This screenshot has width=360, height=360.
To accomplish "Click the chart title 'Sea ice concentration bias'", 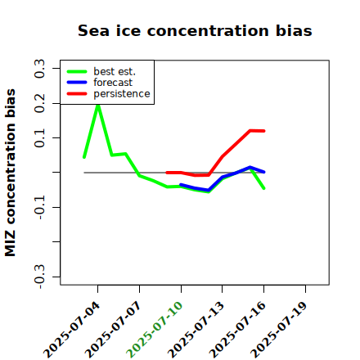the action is coord(195,30).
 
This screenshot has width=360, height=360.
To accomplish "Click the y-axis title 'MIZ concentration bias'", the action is coord(11,173).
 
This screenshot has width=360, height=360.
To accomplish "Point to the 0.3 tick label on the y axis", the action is coord(39,69).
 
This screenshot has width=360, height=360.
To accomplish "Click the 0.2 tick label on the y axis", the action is coord(39,103).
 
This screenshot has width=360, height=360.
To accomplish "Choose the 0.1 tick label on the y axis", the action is coord(39,138).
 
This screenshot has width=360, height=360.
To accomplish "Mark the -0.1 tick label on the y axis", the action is coord(39,208).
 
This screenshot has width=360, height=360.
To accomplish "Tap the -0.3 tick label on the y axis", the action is coord(39,277).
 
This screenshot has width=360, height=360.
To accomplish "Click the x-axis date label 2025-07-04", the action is coord(72,330).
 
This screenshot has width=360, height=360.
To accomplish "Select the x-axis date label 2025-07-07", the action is coord(113,330).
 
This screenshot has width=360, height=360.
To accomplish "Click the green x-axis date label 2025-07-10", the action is coord(155,330).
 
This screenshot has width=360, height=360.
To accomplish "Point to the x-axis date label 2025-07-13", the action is coord(196,330).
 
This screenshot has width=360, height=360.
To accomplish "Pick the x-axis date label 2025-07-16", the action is coord(237,330).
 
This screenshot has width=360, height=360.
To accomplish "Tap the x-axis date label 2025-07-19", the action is coord(279,330).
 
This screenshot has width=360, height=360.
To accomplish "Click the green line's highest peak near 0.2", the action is coord(98,106).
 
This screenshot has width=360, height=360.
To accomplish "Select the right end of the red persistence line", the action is coord(264,131).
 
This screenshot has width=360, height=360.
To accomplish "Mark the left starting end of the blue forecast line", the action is coord(181,185).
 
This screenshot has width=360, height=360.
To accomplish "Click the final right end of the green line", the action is coord(264,188).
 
